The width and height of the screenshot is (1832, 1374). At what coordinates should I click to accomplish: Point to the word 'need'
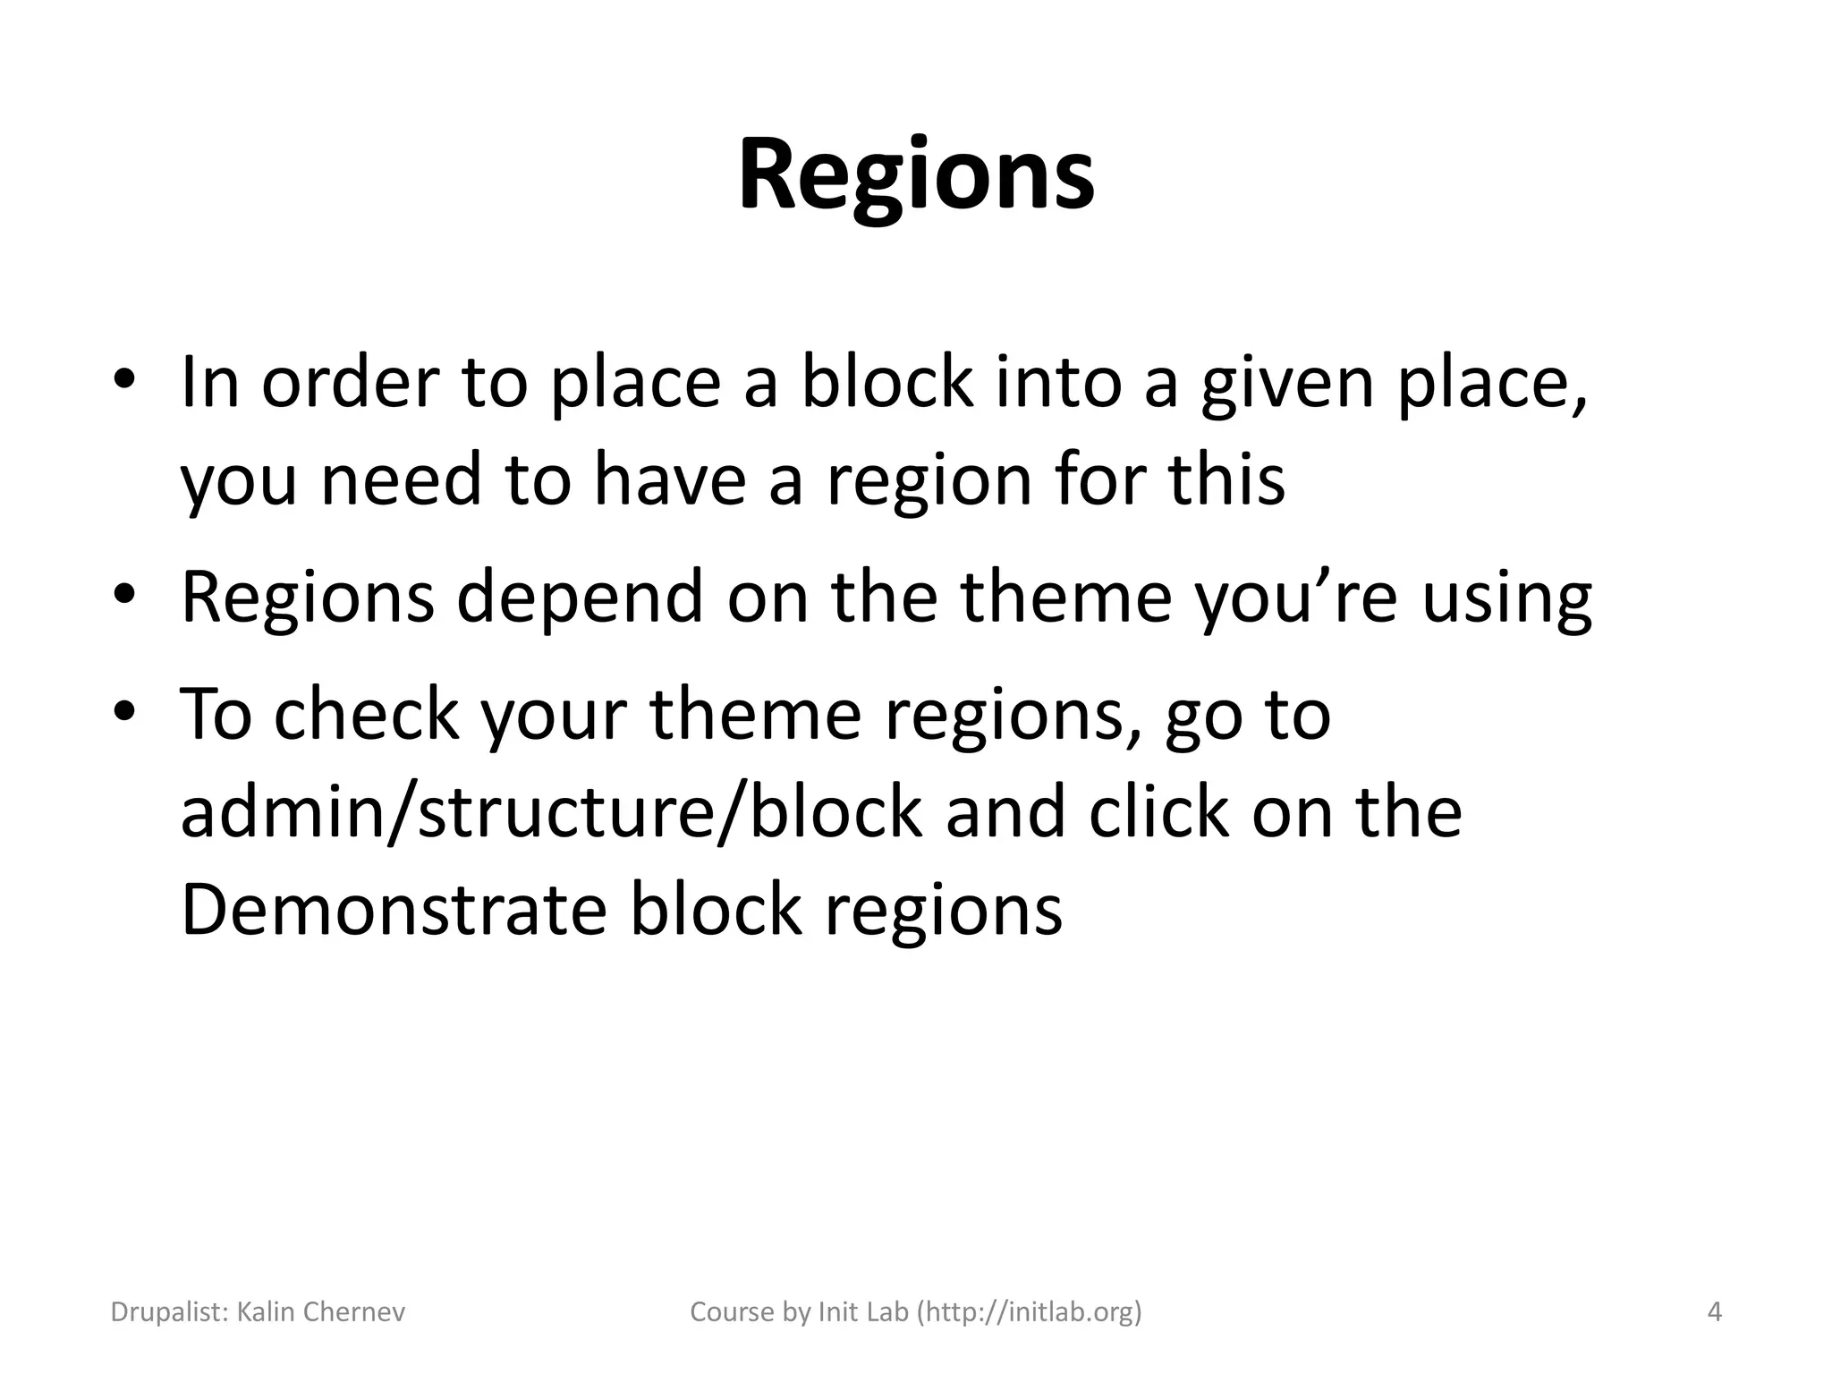pyautogui.click(x=401, y=479)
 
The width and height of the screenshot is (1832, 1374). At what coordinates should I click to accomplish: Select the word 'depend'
pyautogui.click(x=580, y=598)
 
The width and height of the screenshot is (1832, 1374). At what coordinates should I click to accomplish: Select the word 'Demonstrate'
pyautogui.click(x=394, y=909)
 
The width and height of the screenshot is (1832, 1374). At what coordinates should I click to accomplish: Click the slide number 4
pyautogui.click(x=1714, y=1312)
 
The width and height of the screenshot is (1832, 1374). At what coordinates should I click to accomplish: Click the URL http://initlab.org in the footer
pyautogui.click(x=1030, y=1312)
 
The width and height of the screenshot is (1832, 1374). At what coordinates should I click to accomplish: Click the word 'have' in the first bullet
pyautogui.click(x=669, y=479)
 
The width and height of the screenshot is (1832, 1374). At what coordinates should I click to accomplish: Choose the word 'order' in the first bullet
pyautogui.click(x=349, y=383)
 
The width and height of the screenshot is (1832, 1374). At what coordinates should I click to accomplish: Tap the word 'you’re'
pyautogui.click(x=1296, y=598)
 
